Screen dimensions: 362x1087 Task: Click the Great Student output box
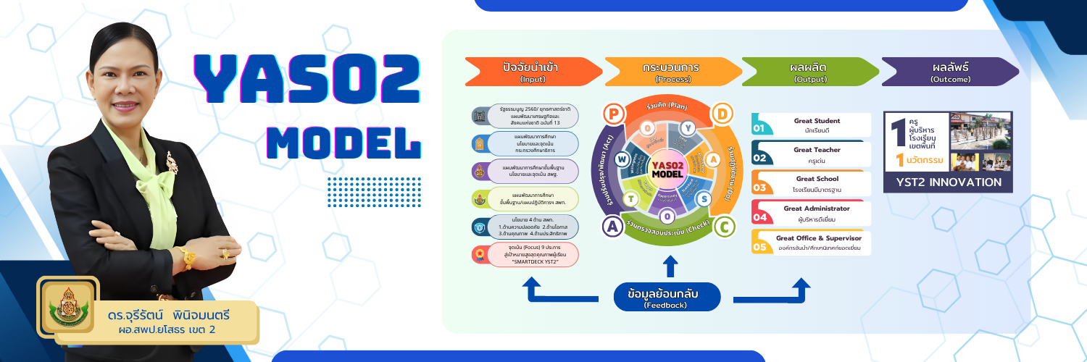point(812,125)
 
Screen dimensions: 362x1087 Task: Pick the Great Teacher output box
point(812,153)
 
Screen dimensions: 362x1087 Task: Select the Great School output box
point(812,183)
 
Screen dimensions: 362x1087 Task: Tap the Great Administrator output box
point(812,212)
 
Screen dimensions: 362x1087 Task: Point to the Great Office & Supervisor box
point(812,242)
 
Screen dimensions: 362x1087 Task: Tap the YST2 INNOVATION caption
point(948,182)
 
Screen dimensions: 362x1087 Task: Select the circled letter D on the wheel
point(722,114)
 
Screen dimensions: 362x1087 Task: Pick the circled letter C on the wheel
point(722,227)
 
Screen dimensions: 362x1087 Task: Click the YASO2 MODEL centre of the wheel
point(667,170)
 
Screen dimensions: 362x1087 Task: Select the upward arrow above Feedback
point(670,266)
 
